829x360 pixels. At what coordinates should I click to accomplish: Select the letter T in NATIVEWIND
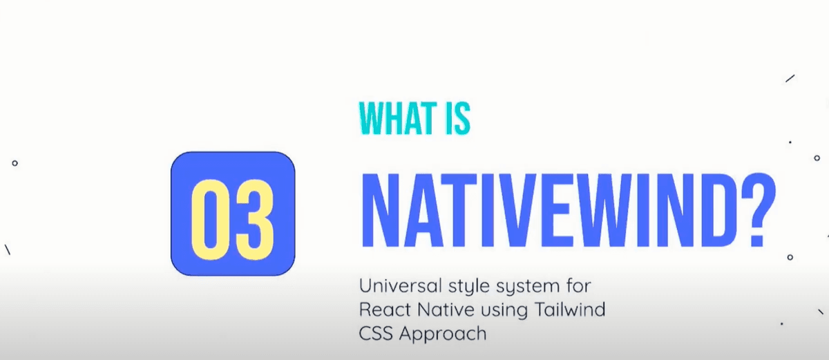[x=437, y=210]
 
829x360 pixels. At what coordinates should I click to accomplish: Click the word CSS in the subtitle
[x=375, y=333]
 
